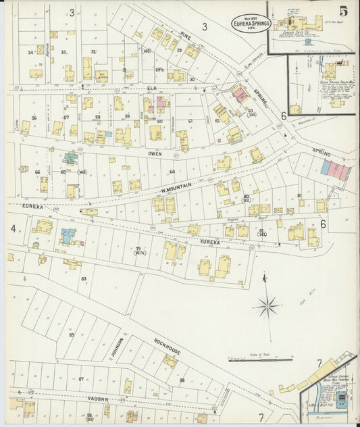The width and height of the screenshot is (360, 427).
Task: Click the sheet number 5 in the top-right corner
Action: (x=344, y=11)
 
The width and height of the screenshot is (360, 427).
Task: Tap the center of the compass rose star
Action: (x=267, y=306)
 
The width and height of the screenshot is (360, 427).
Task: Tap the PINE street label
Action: (x=186, y=31)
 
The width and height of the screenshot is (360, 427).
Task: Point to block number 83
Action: (x=84, y=278)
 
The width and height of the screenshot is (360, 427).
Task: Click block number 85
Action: (x=71, y=334)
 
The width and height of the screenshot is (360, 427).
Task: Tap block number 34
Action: (x=30, y=52)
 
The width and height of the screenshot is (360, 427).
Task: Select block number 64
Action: (x=172, y=172)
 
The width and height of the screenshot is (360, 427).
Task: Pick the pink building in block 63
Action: (x=240, y=95)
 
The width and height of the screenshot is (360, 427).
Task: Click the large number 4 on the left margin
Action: (x=13, y=228)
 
